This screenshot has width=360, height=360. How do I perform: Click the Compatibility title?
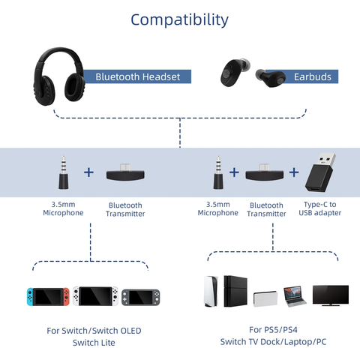point(179,20)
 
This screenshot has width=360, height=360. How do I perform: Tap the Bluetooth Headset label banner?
point(137,76)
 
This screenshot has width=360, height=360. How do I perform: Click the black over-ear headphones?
point(59,76)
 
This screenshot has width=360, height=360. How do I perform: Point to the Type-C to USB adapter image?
point(320,172)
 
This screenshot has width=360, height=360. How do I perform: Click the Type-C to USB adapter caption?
point(320,208)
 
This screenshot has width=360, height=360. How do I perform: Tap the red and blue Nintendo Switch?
point(48,296)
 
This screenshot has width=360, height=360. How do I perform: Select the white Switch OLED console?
point(95,296)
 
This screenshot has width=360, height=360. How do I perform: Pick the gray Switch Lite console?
point(141,298)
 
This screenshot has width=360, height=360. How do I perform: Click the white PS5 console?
point(211,291)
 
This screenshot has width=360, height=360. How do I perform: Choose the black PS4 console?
point(235,291)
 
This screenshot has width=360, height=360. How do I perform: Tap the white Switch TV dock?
point(265,298)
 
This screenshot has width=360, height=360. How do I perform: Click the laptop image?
point(295,296)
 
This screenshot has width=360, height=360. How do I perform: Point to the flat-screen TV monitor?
point(331,295)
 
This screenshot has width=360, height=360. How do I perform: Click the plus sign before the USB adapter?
point(294,172)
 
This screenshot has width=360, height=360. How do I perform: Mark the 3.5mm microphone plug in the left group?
point(64,172)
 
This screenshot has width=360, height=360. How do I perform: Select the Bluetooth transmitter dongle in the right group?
point(265,172)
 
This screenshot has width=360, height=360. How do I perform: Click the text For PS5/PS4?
point(273,330)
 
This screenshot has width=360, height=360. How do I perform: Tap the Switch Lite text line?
point(94,343)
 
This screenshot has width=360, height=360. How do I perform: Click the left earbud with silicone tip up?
point(235,73)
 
